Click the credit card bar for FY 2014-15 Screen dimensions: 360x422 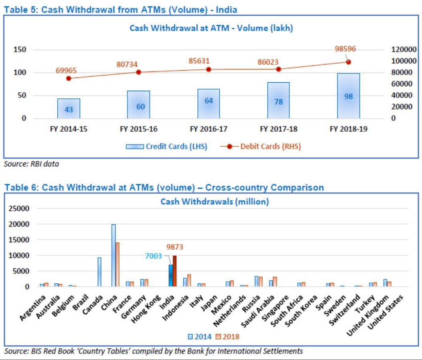click(69, 108)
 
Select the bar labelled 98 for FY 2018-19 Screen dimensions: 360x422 click(348, 96)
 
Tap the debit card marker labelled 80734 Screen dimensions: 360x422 click(138, 72)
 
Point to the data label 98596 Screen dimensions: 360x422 click(345, 49)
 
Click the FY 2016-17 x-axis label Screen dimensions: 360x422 click(209, 129)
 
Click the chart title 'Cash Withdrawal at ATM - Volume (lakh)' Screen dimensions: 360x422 click(211, 28)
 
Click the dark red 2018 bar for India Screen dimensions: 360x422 click(174, 271)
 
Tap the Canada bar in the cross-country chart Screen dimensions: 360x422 click(99, 272)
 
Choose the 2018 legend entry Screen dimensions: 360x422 click(227, 337)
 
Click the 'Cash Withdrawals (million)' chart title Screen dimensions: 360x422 click(215, 201)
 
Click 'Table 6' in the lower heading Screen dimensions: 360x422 click(20, 187)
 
